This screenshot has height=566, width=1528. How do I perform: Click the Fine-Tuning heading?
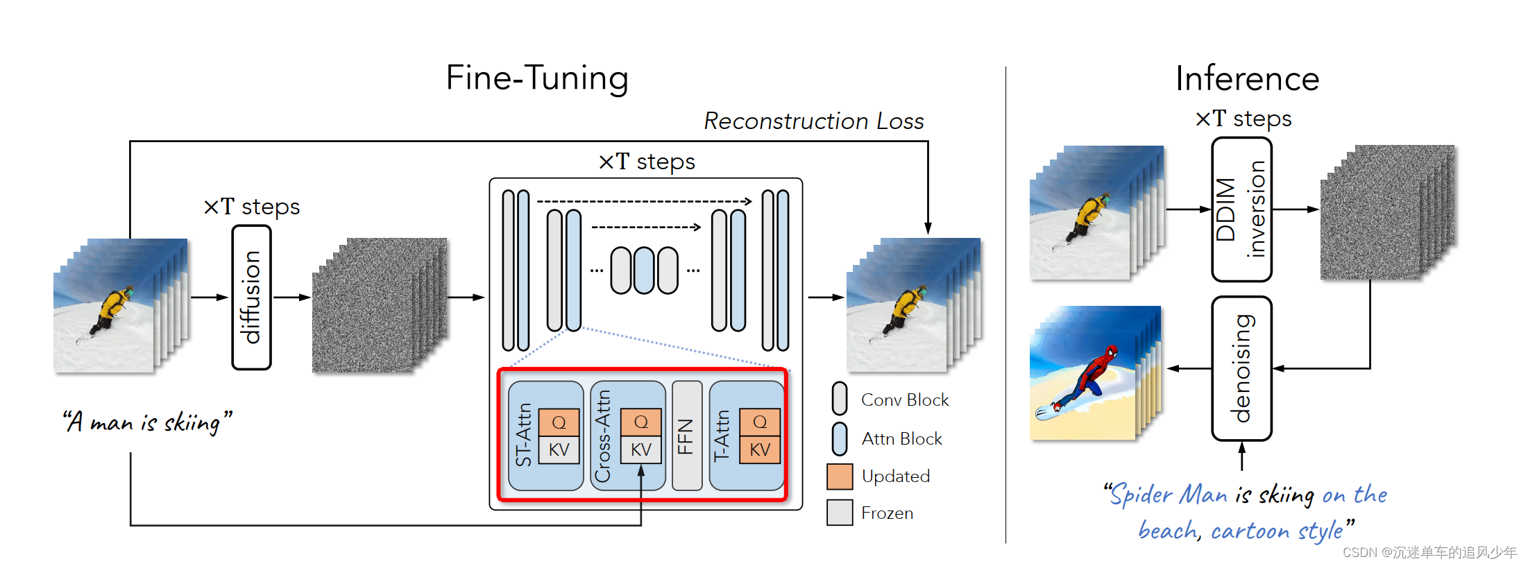(x=537, y=78)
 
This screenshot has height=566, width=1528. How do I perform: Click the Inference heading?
(x=1247, y=79)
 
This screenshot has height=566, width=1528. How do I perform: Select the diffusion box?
(x=251, y=297)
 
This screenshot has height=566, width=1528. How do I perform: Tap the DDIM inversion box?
(x=1241, y=209)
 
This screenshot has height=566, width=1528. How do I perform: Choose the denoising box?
(x=1241, y=368)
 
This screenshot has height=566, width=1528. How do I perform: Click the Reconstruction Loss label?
(x=813, y=121)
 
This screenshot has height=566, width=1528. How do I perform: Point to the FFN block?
(x=686, y=436)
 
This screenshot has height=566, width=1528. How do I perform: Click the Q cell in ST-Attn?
(x=559, y=422)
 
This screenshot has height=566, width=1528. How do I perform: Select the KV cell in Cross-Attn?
(x=640, y=449)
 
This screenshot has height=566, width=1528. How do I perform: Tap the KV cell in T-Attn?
(x=760, y=449)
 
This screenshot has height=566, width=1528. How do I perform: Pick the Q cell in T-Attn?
(x=760, y=422)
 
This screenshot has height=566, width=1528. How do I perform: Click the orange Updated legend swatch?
(x=840, y=477)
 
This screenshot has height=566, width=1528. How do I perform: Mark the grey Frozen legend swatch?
(x=840, y=513)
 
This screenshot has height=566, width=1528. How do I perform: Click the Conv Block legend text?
(x=904, y=400)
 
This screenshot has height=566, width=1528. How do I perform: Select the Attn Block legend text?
(x=901, y=439)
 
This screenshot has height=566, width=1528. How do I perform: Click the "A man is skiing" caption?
(x=147, y=422)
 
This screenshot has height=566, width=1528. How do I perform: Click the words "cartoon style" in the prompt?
(x=1277, y=531)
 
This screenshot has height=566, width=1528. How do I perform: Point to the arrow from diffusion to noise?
(x=291, y=298)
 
